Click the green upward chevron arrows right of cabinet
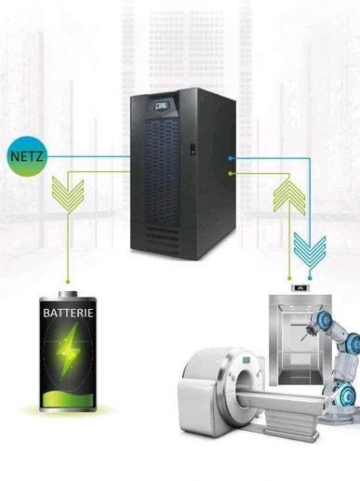pyautogui.click(x=289, y=195)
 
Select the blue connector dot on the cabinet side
pyautogui.click(x=230, y=159)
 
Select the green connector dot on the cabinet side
pyautogui.click(x=230, y=172)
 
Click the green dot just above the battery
pyautogui.click(x=69, y=278)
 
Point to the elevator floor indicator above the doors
pyautogui.click(x=299, y=290)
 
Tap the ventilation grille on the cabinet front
pyautogui.click(x=163, y=177)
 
